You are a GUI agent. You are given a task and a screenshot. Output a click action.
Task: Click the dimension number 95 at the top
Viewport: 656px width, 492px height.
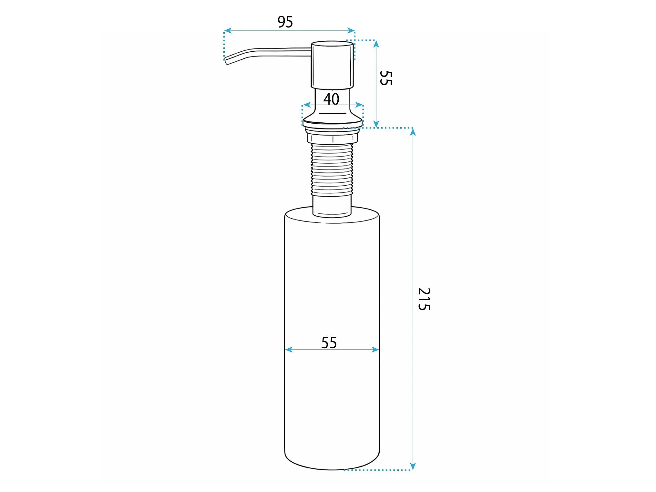(x=285, y=22)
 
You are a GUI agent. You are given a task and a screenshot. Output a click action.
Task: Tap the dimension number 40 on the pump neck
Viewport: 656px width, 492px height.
(x=331, y=99)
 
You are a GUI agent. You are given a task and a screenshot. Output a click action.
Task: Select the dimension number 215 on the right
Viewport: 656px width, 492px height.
(x=424, y=299)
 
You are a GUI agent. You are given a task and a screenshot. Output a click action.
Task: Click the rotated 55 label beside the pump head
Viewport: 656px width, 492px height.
(x=386, y=78)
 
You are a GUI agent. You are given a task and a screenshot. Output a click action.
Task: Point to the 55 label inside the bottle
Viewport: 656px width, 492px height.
(x=329, y=343)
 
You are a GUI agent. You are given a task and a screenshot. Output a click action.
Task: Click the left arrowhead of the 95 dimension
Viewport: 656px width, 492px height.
(x=228, y=31)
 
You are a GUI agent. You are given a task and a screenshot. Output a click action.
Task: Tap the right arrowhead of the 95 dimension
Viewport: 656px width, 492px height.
(x=351, y=31)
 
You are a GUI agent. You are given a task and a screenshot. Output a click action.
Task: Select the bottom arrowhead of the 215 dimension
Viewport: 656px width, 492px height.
(x=413, y=466)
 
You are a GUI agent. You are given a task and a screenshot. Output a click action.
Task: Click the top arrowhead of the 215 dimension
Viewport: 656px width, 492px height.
(x=413, y=132)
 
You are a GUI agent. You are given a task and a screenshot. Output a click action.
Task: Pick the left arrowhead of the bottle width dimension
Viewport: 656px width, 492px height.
(x=289, y=349)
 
